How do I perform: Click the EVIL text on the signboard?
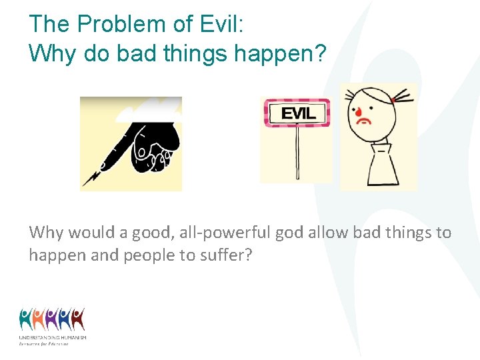coord(297,113)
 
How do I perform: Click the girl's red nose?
coord(355,110)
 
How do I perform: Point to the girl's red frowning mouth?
coord(364,122)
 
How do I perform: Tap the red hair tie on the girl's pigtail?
coord(393,100)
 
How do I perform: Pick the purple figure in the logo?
coord(52,319)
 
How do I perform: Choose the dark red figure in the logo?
coord(78,319)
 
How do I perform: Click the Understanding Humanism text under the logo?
coord(53,338)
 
